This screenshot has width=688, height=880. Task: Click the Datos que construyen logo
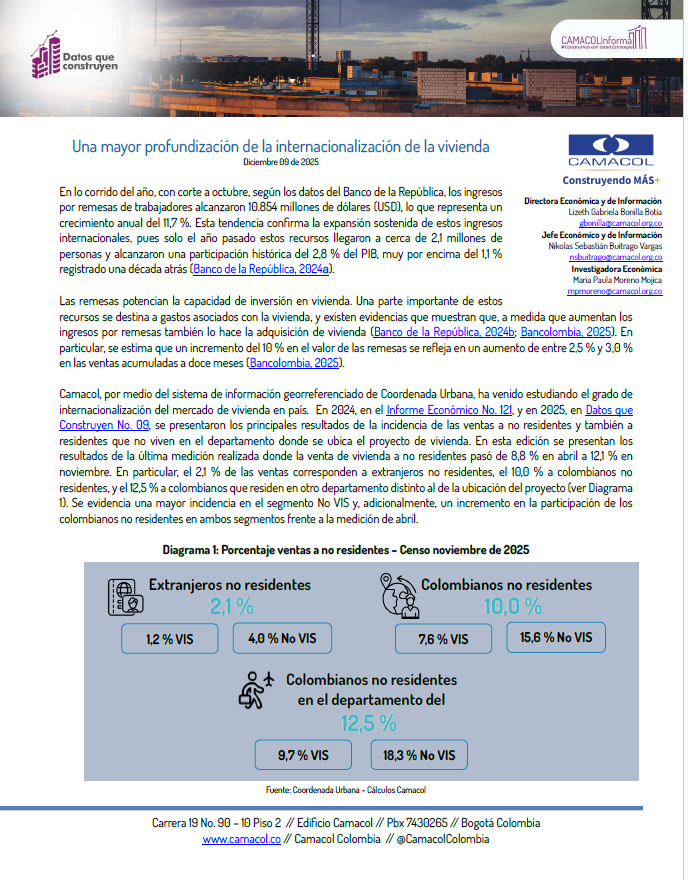(x=74, y=58)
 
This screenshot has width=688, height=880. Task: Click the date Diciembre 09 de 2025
(x=280, y=162)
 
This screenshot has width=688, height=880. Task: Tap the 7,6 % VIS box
(x=445, y=638)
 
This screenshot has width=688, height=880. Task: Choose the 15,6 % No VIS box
(x=556, y=637)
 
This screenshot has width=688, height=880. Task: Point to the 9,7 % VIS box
(x=304, y=755)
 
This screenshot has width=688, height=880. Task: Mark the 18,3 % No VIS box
(x=419, y=755)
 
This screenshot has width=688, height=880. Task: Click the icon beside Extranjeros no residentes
(x=119, y=599)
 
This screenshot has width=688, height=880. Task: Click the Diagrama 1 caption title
(x=345, y=550)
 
